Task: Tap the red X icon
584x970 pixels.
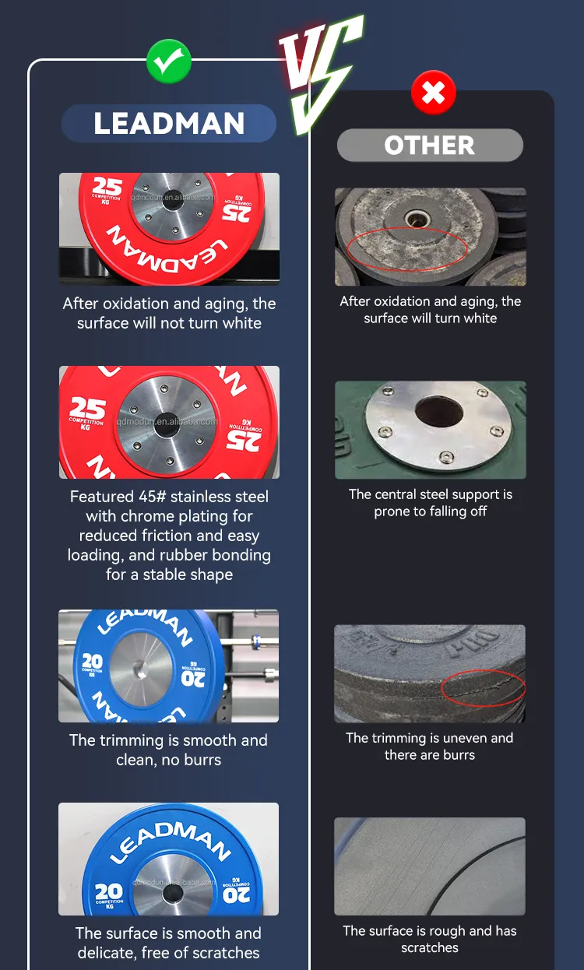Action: (x=433, y=94)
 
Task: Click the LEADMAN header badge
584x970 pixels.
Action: (x=169, y=124)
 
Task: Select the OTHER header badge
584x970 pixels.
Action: (x=430, y=146)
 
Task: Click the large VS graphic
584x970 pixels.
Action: (x=319, y=74)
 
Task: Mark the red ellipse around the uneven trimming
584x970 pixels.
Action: (x=483, y=688)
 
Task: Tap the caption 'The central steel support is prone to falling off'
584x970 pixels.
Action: (x=430, y=503)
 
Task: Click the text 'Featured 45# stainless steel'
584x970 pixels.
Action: (x=169, y=497)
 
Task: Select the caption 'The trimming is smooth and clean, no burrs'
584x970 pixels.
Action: (x=169, y=750)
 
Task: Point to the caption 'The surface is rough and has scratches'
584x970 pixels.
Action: (x=430, y=939)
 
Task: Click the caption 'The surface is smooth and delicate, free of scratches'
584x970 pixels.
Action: (x=169, y=943)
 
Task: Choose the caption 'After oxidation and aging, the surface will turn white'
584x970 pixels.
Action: (x=430, y=310)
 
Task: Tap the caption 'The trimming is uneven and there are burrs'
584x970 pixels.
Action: (x=430, y=746)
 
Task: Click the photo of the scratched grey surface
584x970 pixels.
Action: (x=430, y=866)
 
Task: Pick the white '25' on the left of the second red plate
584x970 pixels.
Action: (x=86, y=408)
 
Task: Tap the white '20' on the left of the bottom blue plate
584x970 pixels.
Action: (x=108, y=891)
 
